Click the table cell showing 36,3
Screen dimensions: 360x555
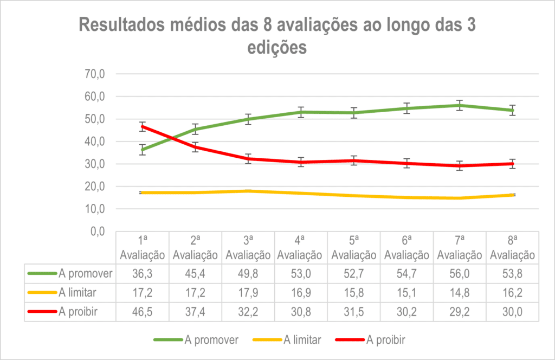tap(142, 274)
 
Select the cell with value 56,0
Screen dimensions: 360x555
tap(460, 274)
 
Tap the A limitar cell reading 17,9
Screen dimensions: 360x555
tap(248, 293)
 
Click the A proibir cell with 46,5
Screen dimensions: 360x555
tap(142, 312)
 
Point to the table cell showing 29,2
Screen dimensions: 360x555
tap(460, 312)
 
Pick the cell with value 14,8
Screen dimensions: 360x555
tap(460, 293)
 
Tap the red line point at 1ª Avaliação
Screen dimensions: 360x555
tap(142, 127)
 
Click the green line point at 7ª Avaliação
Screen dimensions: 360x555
tap(460, 105)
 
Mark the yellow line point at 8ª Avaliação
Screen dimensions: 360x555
tap(512, 195)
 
